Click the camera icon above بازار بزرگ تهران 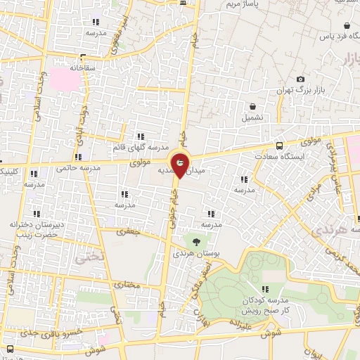tap(302, 79)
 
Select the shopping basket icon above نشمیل tap(252, 106)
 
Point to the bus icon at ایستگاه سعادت tap(281, 146)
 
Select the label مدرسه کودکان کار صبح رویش tap(264, 305)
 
